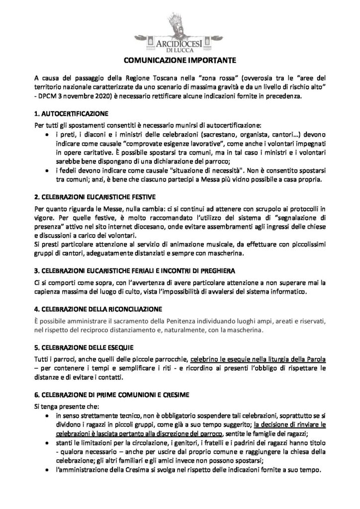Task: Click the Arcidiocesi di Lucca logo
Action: pyautogui.click(x=180, y=24)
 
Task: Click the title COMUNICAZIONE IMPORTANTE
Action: pyautogui.click(x=180, y=60)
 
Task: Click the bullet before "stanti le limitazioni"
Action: pyautogui.click(x=47, y=443)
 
